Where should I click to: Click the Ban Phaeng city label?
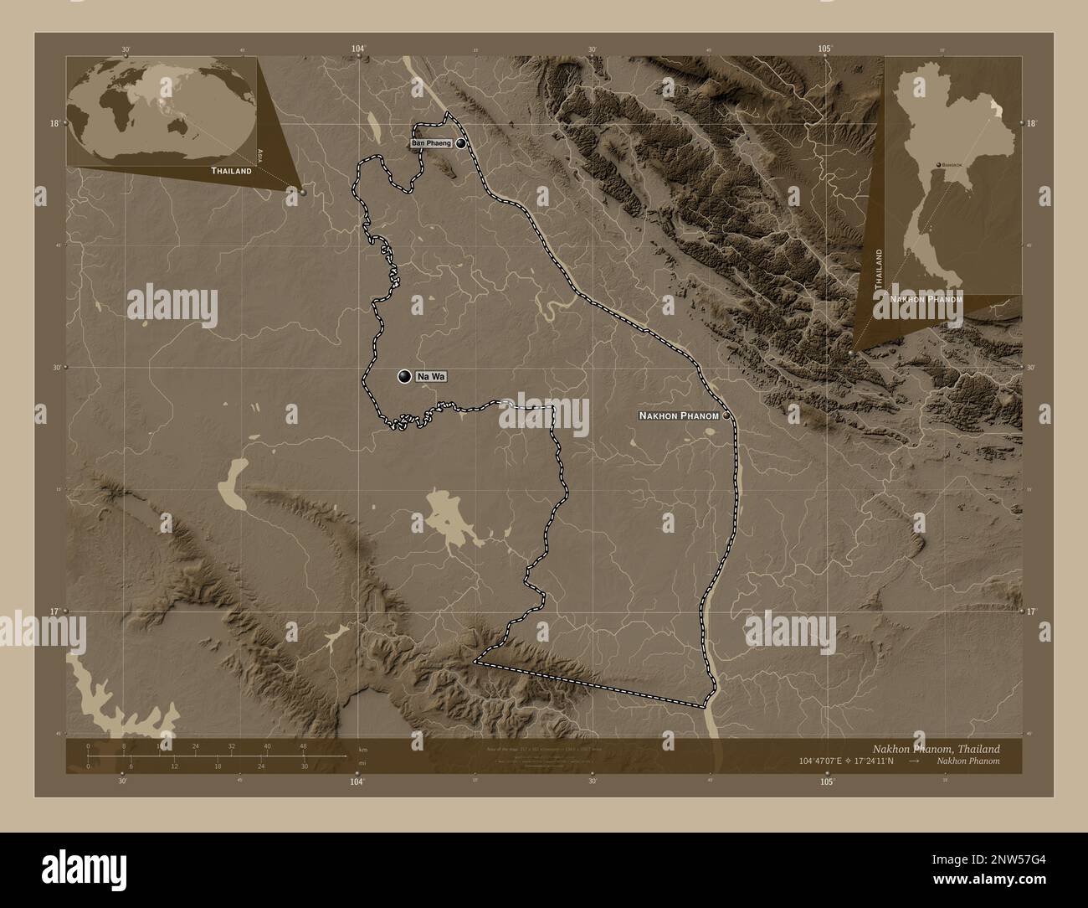click(431, 143)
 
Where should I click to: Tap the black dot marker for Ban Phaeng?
click(461, 143)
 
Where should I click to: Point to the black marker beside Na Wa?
click(405, 377)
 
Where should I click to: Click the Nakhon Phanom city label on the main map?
click(679, 415)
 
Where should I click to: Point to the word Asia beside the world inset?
click(261, 154)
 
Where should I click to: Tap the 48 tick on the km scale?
click(303, 746)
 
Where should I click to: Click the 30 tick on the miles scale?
click(305, 766)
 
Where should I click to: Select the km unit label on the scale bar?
click(362, 749)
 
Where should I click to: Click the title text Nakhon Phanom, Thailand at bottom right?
click(935, 748)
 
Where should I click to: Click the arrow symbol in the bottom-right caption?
click(915, 761)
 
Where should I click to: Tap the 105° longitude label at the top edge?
click(825, 49)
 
